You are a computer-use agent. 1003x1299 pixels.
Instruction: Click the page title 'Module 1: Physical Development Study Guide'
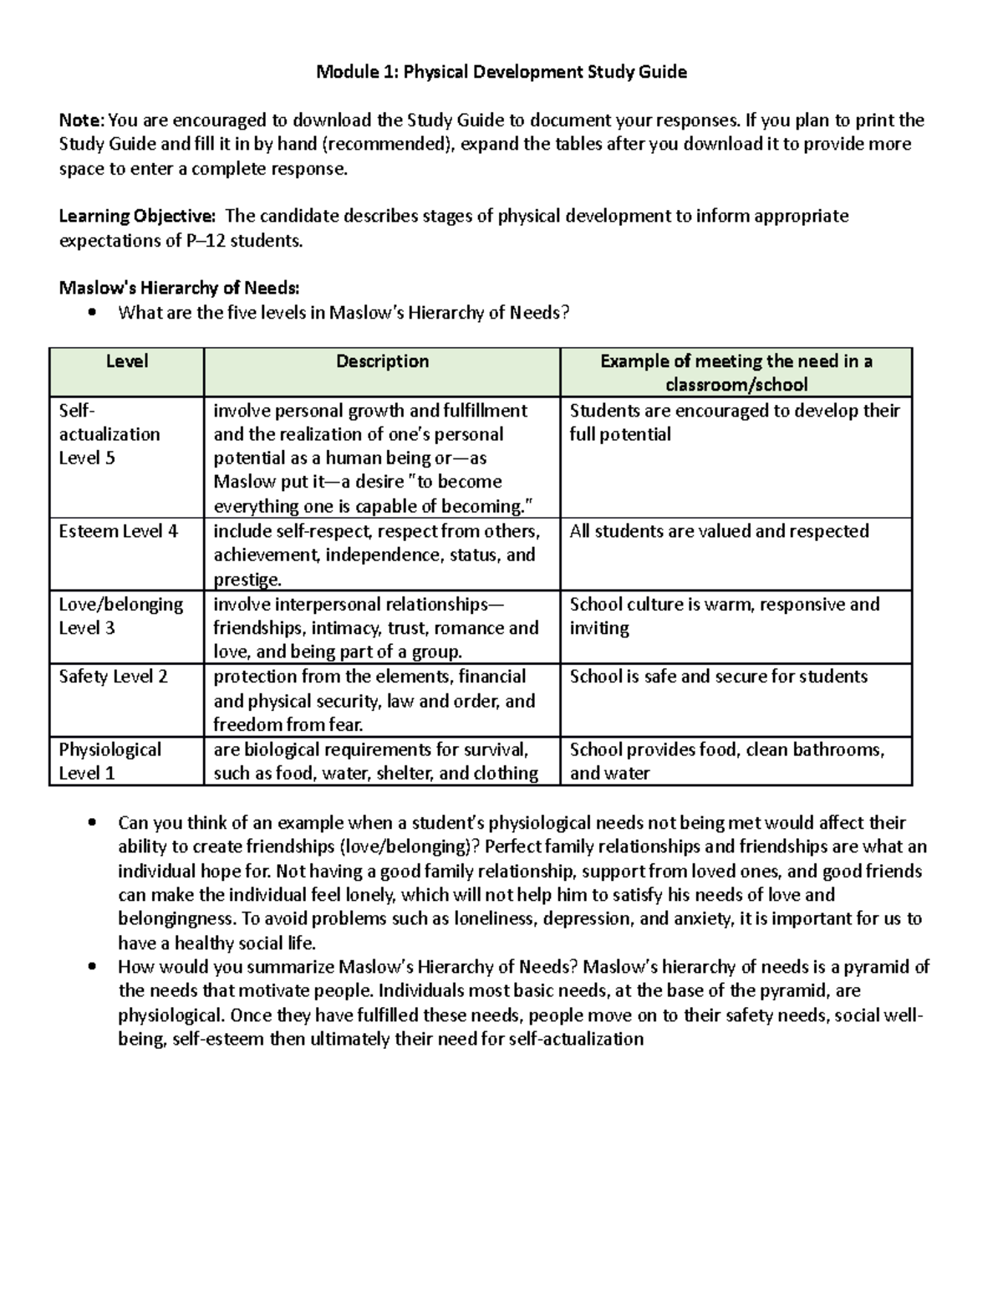click(501, 72)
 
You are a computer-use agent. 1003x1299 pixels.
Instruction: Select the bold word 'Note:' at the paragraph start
click(81, 120)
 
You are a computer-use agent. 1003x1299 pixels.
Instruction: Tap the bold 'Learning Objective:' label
click(136, 217)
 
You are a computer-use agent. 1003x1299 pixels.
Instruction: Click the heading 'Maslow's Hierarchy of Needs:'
click(178, 289)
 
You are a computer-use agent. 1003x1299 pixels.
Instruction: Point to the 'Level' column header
click(127, 361)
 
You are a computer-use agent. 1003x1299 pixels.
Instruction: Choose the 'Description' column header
click(382, 361)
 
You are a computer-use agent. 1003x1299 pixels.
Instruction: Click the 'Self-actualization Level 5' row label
click(109, 434)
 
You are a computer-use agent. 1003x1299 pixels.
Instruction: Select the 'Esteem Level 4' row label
click(118, 531)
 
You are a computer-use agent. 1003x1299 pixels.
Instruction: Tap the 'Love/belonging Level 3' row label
click(120, 616)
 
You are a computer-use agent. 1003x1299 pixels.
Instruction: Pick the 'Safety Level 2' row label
click(113, 677)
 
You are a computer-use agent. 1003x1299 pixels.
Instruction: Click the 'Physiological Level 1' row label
click(109, 761)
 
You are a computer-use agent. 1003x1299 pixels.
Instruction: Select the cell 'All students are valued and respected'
click(719, 531)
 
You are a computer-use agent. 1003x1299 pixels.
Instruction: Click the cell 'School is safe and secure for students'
click(718, 677)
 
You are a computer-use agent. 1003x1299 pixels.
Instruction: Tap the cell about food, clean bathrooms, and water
click(726, 761)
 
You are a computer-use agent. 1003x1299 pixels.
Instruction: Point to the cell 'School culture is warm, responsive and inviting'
click(724, 616)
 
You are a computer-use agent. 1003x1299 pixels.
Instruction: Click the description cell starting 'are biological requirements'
click(375, 761)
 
